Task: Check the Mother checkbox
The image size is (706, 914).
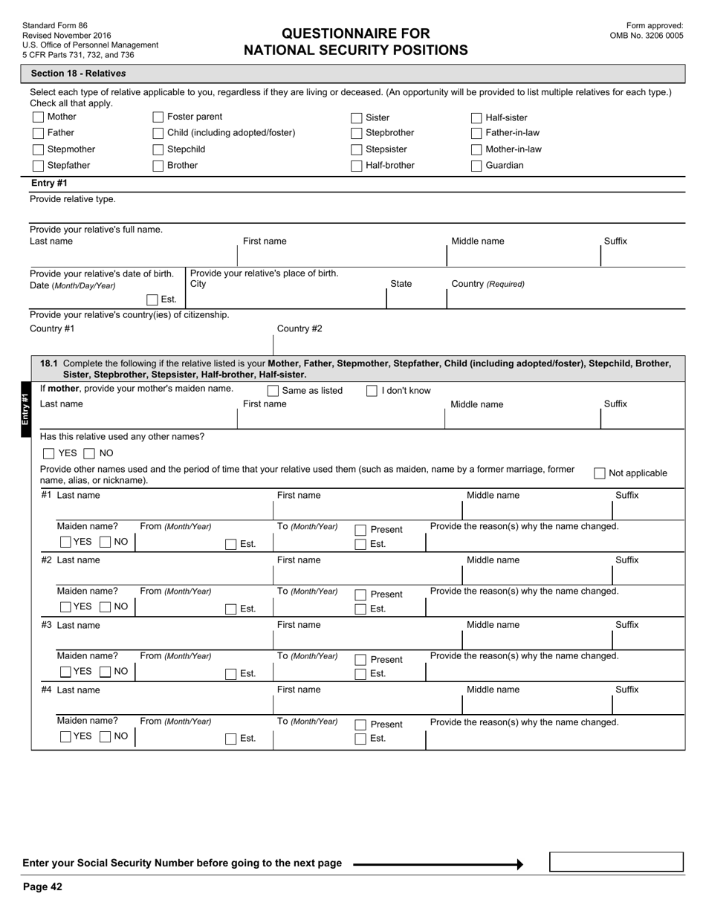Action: pyautogui.click(x=38, y=117)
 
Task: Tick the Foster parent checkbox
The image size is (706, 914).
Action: pyautogui.click(x=158, y=117)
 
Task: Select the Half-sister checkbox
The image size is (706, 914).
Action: pyautogui.click(x=476, y=118)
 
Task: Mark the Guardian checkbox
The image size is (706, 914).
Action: pyautogui.click(x=476, y=166)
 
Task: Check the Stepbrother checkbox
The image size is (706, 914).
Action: pyautogui.click(x=356, y=134)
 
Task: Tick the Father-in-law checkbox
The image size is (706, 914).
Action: pyautogui.click(x=476, y=134)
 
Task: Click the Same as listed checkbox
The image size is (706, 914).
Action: pyautogui.click(x=273, y=391)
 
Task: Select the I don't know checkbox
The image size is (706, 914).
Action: pyautogui.click(x=372, y=391)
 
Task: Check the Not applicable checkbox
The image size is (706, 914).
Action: pyautogui.click(x=599, y=473)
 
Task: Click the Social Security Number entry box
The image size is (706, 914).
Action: pyautogui.click(x=616, y=862)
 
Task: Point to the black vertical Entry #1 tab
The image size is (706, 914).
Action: pyautogui.click(x=25, y=409)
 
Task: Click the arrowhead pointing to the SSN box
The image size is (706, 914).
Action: pyautogui.click(x=519, y=864)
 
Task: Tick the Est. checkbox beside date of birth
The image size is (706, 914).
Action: pyautogui.click(x=152, y=300)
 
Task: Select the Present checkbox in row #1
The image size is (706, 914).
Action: pyautogui.click(x=360, y=530)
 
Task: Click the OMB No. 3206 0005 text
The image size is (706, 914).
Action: pyautogui.click(x=646, y=36)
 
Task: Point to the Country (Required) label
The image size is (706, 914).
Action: pyautogui.click(x=488, y=284)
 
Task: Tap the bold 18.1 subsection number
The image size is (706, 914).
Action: pyautogui.click(x=48, y=363)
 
